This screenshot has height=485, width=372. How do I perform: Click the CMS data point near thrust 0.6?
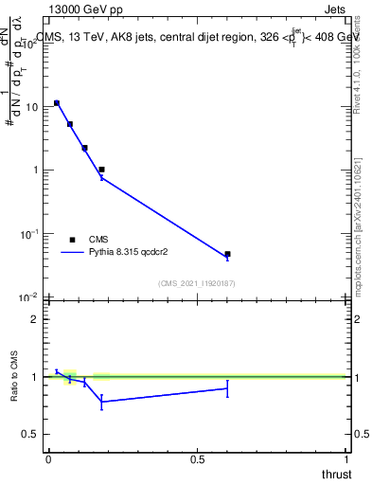[x=227, y=254]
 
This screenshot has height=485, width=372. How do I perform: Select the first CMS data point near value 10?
[x=57, y=103]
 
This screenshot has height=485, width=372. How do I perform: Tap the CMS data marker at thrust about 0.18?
[x=101, y=170]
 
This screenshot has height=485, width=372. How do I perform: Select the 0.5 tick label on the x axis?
[x=197, y=458]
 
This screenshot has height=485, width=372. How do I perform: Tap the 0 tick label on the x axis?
[x=48, y=458]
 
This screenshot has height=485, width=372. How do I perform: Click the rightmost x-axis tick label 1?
[x=347, y=458]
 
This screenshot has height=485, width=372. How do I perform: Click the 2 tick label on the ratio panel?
[x=33, y=319]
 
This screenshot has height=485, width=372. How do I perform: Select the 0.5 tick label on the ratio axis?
[x=29, y=434]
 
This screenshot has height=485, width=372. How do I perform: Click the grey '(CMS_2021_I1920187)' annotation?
[x=196, y=283]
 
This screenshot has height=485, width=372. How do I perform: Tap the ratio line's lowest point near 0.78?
[x=101, y=402]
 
